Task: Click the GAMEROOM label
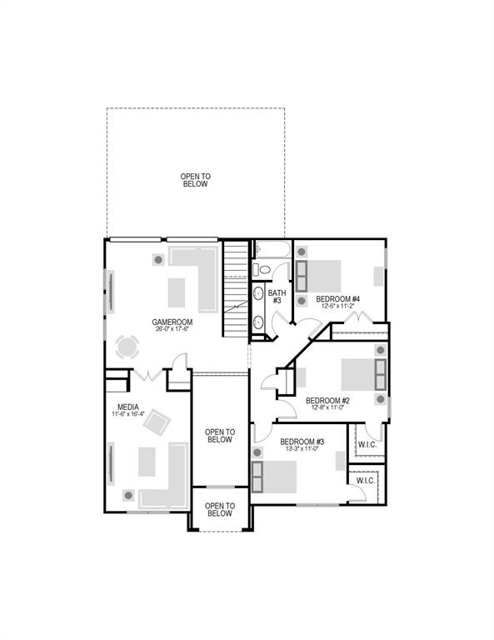172,322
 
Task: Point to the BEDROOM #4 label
337,299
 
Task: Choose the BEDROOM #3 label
302,441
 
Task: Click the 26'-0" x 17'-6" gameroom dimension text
172,329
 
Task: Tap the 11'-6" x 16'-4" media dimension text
128,414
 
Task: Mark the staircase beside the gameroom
237,288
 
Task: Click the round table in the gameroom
128,347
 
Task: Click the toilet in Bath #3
263,269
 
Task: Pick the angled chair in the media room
156,424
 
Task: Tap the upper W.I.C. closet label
367,443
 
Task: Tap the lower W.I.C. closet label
366,481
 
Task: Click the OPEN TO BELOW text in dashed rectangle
195,180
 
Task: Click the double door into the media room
147,375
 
